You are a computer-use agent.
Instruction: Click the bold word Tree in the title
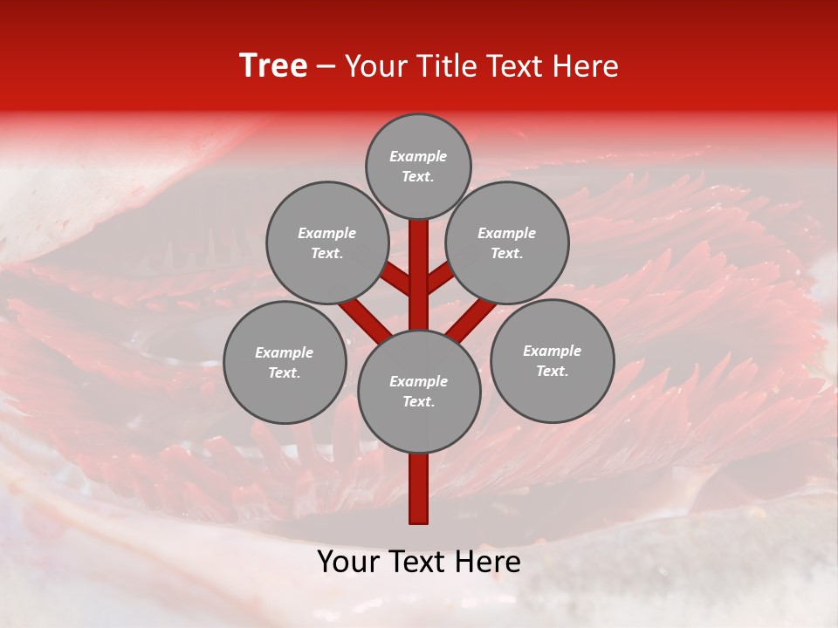tap(273, 66)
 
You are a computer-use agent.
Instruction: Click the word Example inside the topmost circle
tap(418, 157)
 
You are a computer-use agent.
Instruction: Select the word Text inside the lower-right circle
tap(552, 372)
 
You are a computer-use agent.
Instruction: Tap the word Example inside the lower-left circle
tap(284, 353)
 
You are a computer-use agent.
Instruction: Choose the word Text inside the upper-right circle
tap(506, 254)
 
